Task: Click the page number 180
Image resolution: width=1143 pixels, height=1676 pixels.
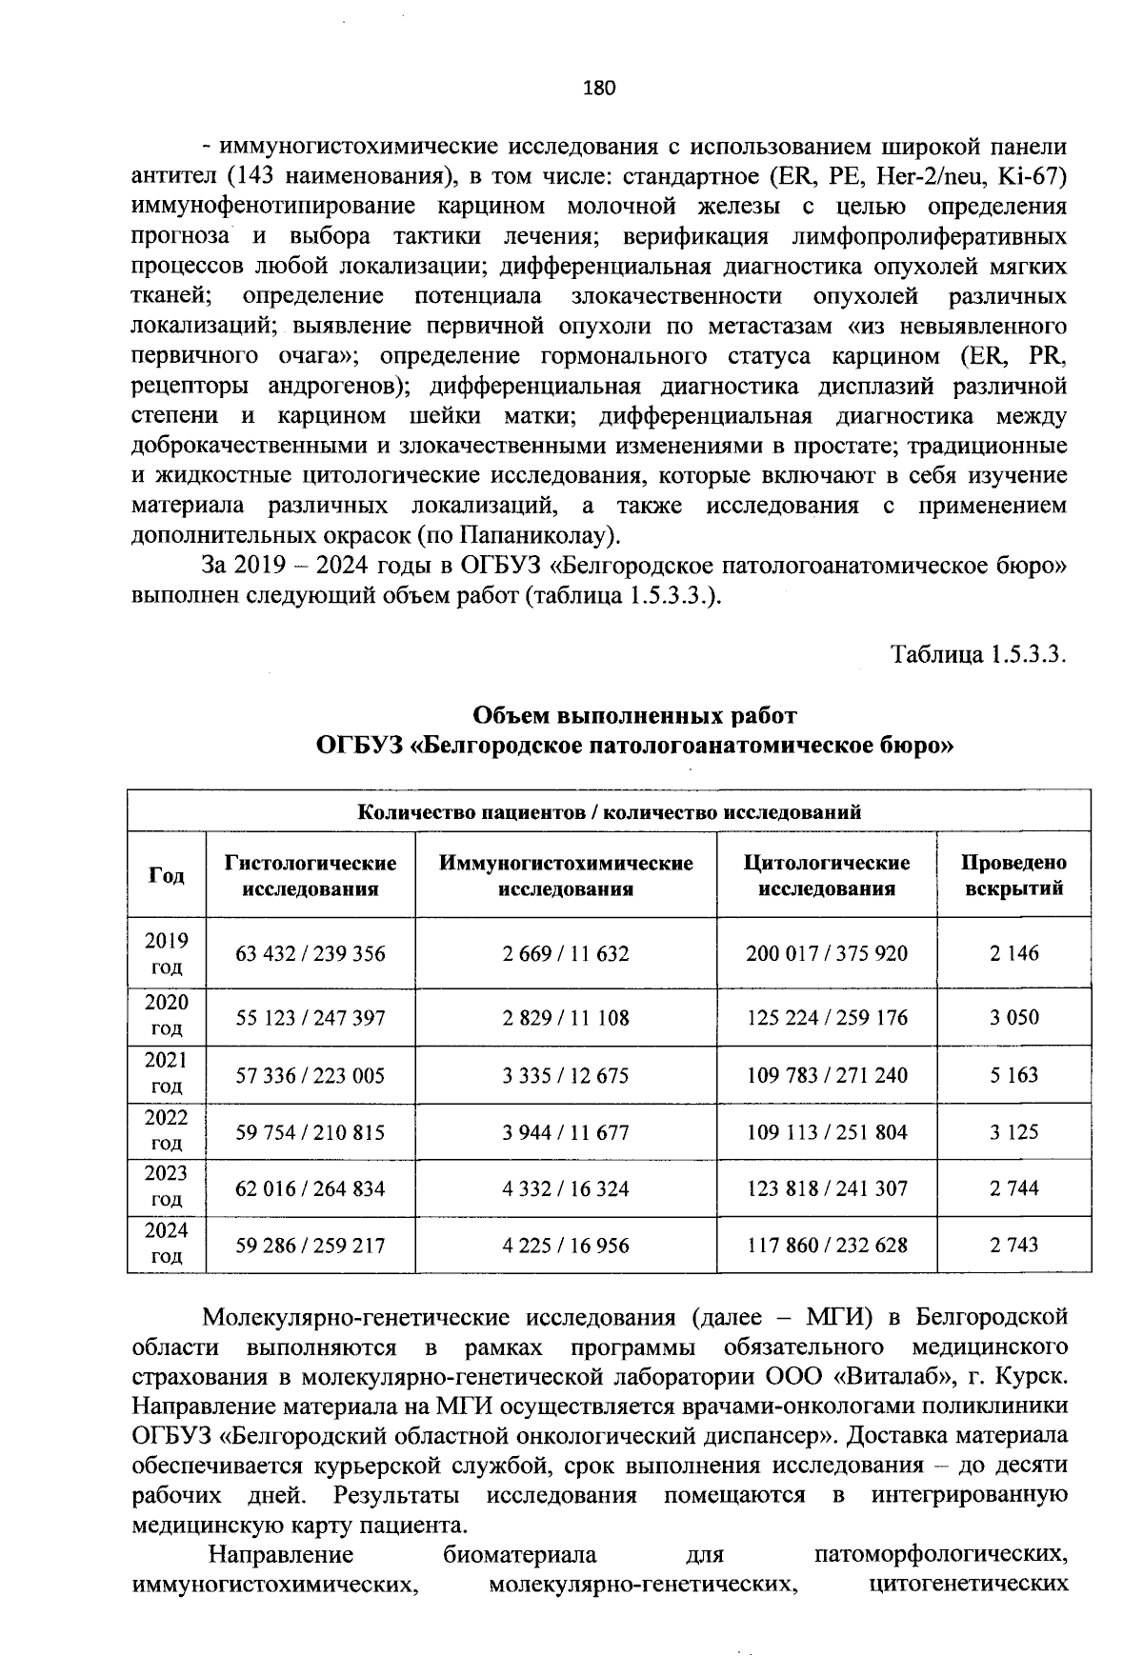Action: [x=599, y=89]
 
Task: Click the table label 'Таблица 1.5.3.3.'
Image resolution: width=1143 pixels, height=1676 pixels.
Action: [x=977, y=655]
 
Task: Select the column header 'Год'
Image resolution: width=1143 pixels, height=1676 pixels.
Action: [x=167, y=875]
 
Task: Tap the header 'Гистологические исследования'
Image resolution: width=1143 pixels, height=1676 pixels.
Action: [x=311, y=875]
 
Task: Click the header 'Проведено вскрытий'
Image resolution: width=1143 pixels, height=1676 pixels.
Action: [x=1013, y=875]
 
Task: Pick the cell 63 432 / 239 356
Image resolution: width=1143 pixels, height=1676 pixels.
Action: [x=311, y=953]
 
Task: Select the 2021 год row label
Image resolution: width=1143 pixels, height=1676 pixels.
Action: [x=167, y=1074]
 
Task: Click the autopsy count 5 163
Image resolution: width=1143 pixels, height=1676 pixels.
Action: [x=1013, y=1075]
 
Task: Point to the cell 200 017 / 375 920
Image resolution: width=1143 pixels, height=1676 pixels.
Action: [x=827, y=953]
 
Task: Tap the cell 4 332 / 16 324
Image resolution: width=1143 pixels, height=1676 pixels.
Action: [x=566, y=1188]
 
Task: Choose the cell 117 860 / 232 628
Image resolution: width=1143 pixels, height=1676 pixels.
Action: [x=827, y=1245]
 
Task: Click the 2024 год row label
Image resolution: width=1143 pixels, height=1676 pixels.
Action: [x=167, y=1244]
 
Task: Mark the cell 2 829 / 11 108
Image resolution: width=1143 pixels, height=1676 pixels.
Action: [x=566, y=1018]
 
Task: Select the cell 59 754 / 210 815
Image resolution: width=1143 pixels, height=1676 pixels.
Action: [x=311, y=1132]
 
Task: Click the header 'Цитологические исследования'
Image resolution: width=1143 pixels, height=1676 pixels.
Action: [x=827, y=875]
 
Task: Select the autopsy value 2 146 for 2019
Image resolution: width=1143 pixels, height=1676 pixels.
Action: [x=1013, y=953]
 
